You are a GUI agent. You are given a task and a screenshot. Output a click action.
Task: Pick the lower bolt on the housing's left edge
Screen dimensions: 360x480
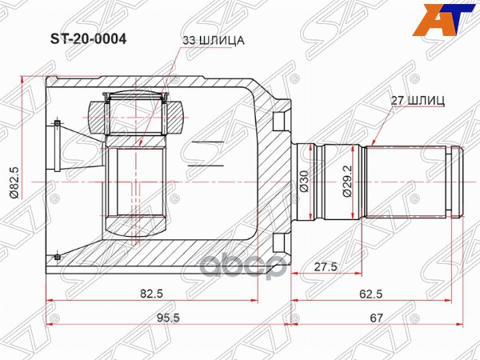[x=58, y=257]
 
